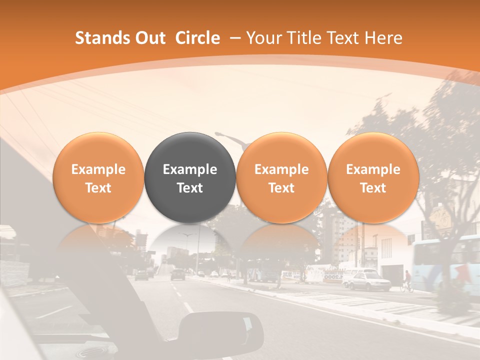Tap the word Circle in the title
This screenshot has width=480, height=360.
(x=197, y=38)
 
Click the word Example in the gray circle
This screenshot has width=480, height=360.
(x=190, y=169)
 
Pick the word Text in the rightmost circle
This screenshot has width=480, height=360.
(x=373, y=188)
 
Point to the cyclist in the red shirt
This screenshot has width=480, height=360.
(x=408, y=278)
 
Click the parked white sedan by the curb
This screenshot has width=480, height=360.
(x=368, y=281)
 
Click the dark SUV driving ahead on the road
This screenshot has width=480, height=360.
(x=177, y=274)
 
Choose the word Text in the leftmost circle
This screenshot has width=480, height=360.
(x=98, y=188)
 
